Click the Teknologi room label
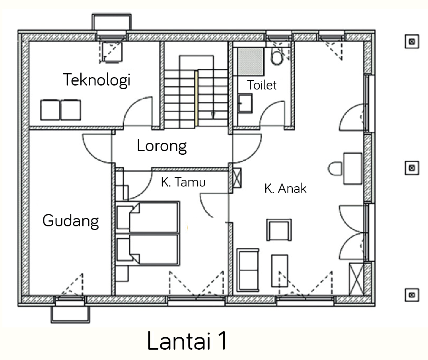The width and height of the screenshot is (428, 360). coord(97,80)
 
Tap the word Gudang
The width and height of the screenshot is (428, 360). coord(71,221)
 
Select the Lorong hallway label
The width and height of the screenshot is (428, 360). coord(162,146)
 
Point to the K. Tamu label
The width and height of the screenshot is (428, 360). coord(183,182)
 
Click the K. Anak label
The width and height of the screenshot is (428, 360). coord(286,189)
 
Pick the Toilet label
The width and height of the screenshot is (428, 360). coord(262,85)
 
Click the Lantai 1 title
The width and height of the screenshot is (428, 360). coord(187,341)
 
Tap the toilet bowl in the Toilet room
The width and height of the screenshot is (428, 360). coord(277,57)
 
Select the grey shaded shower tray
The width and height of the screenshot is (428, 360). coord(251,62)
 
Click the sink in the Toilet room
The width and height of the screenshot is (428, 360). coord(245,103)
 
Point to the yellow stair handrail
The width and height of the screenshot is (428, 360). coord(196,98)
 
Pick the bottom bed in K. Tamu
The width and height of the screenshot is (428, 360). coord(148,249)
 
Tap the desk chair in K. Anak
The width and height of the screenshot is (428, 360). coord(335,169)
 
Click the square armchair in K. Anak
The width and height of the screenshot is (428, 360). coord(279,230)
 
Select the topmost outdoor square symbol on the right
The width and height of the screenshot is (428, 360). coord(412,41)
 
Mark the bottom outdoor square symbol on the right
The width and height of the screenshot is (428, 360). coord(412,295)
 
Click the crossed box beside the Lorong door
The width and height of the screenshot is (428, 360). coord(237,178)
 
